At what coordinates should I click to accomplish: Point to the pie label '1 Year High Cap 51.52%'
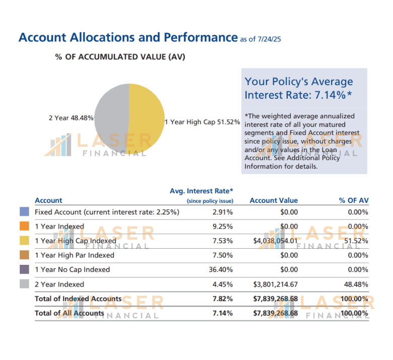(x=202, y=122)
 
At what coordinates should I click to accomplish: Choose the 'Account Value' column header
(x=274, y=200)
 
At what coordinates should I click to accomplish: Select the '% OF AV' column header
(x=354, y=200)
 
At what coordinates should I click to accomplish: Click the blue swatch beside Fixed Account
(x=24, y=212)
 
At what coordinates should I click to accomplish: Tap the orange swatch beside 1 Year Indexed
(x=24, y=227)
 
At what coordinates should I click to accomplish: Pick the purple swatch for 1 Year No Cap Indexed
(x=24, y=270)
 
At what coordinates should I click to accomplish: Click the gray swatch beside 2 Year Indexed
(x=24, y=284)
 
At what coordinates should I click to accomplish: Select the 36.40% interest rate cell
(x=221, y=270)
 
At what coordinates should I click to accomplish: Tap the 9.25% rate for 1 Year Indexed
(x=223, y=227)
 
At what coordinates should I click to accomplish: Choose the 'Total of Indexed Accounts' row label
(x=78, y=299)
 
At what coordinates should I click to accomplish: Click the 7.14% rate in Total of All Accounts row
(x=223, y=313)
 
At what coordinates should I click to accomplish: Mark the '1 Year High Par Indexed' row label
(x=75, y=255)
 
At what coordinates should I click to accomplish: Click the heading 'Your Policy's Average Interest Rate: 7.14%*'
(x=299, y=88)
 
